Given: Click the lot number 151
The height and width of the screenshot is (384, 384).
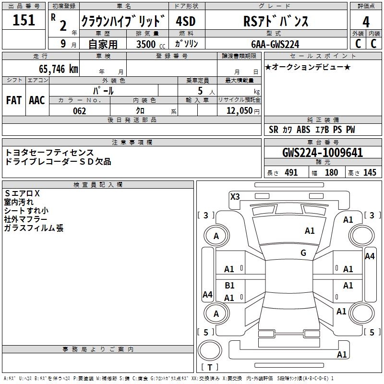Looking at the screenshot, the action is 24,21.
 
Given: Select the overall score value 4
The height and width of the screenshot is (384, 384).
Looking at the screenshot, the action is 366,22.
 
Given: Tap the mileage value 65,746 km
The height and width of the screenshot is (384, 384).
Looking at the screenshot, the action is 56,69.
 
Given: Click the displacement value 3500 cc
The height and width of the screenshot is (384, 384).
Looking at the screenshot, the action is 148,44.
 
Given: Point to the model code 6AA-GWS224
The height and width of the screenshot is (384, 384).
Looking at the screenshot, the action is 275,44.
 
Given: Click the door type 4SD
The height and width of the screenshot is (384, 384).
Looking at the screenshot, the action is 186,21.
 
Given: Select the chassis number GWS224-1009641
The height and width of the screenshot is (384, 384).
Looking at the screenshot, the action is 323,153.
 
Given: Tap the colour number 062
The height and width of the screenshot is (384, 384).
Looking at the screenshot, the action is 79,111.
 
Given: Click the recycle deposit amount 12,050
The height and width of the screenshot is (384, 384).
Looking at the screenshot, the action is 239,111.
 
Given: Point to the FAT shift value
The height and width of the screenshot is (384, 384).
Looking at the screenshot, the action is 14,100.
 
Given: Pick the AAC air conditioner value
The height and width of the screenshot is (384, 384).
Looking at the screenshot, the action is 37,100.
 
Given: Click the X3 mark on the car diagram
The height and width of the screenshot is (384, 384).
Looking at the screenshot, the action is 235,196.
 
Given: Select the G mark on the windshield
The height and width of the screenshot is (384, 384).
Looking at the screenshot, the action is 303,253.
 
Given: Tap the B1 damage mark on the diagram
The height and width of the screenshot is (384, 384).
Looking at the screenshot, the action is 229,286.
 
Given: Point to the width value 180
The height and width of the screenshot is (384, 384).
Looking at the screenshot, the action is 331,173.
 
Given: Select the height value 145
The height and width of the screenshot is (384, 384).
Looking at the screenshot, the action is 370,173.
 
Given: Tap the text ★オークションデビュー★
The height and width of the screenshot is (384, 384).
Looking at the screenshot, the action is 308,67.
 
